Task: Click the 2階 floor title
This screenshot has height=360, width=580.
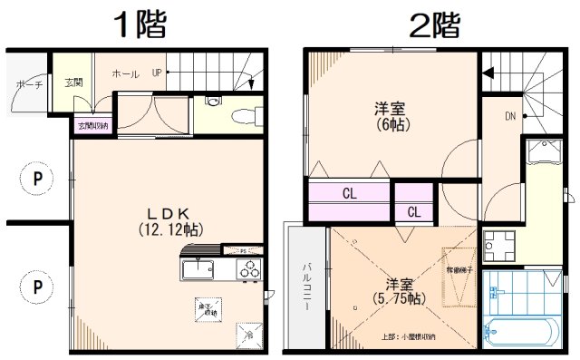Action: tap(436, 24)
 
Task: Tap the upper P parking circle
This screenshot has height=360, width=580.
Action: tap(37, 179)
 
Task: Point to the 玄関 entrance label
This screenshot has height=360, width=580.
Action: tap(73, 83)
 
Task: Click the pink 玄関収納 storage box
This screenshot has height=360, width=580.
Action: tap(92, 126)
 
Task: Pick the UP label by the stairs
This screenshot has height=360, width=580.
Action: tap(158, 72)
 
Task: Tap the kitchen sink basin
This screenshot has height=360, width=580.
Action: tap(198, 270)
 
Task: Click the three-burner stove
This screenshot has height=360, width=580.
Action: tap(248, 270)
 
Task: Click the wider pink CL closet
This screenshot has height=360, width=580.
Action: tap(349, 193)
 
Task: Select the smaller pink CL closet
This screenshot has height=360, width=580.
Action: tap(412, 212)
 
